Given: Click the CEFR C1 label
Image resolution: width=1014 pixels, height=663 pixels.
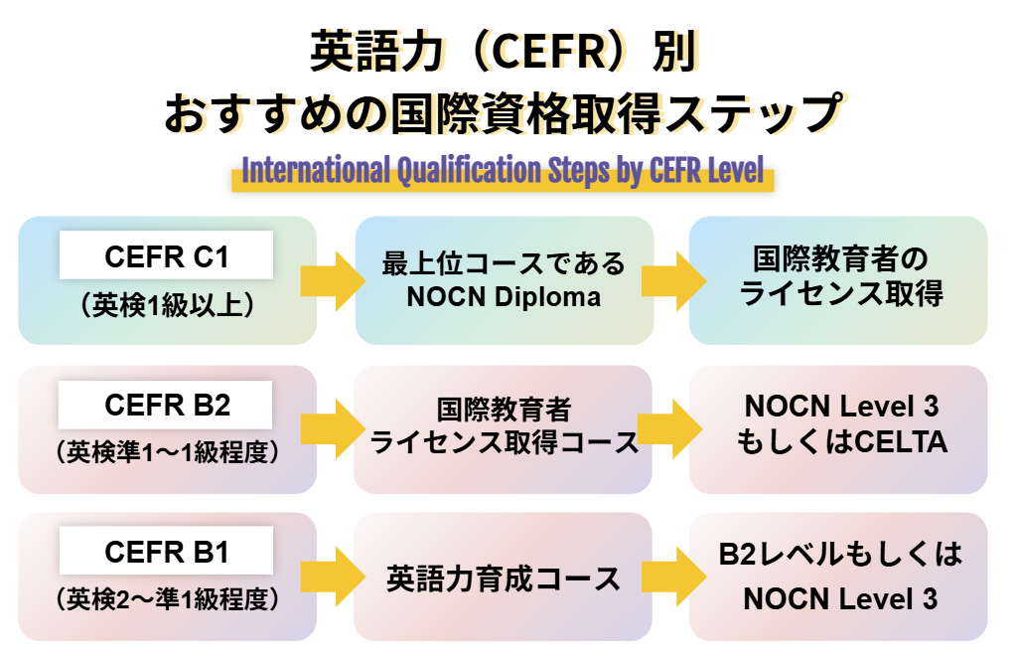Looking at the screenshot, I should click(x=166, y=257).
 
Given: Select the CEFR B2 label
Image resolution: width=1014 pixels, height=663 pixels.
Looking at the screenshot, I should click(x=166, y=406).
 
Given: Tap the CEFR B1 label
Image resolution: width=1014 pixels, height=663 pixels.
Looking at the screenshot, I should click(x=166, y=552).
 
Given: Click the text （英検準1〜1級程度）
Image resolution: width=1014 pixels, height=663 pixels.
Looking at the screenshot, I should click(x=166, y=453).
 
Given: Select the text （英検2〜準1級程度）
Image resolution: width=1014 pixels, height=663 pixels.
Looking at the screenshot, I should click(x=166, y=599).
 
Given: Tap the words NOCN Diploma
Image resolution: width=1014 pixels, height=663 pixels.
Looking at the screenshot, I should click(x=504, y=297).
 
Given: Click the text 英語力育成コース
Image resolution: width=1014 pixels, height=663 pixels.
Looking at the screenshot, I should click(x=504, y=578).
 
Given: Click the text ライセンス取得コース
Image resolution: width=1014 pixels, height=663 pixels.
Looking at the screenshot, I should click(x=504, y=442).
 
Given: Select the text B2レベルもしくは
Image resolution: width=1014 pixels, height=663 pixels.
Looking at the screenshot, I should click(x=840, y=555).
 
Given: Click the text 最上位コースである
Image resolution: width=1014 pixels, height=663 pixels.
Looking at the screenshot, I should click(x=504, y=264).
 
